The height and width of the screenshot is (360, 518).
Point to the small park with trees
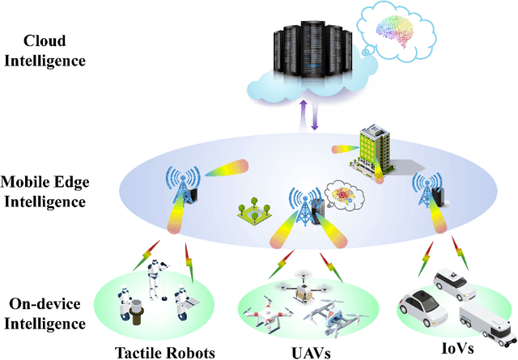(x=253, y=211)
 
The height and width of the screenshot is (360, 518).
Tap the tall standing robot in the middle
(x=154, y=280)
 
